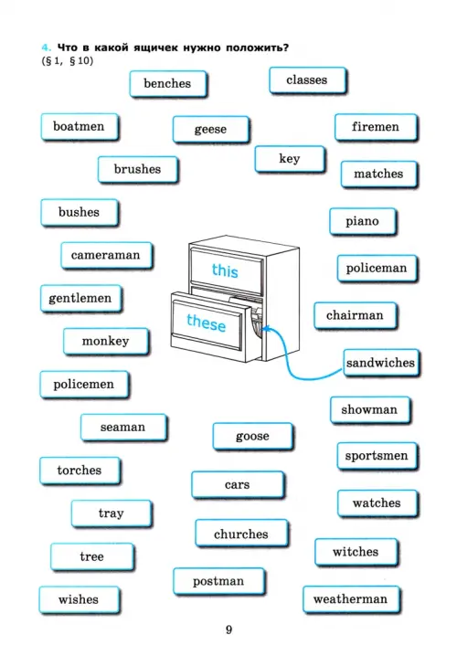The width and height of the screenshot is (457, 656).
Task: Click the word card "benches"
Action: [x=168, y=84]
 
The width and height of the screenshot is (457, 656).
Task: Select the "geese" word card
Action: [x=211, y=130]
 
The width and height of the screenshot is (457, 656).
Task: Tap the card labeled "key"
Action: [x=290, y=159]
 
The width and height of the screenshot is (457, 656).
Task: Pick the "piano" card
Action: [x=363, y=221]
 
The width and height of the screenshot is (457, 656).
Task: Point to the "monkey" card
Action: [x=106, y=342]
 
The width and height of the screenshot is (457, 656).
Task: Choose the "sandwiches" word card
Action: [x=381, y=363]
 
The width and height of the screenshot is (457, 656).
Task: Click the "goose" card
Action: [x=253, y=437]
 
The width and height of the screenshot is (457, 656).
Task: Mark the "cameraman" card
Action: [x=106, y=255]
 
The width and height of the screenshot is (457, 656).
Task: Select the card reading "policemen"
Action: [x=84, y=385]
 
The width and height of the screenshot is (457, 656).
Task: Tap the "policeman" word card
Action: [x=377, y=269]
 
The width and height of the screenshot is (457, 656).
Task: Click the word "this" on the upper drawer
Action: [x=225, y=270]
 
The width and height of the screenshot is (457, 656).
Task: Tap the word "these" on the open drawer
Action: [x=206, y=323]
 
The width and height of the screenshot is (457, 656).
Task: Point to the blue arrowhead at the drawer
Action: [x=264, y=329]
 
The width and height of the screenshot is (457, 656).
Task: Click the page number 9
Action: [x=228, y=630]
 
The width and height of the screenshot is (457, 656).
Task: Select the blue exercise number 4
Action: [x=46, y=48]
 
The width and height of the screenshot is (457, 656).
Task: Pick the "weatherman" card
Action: [x=351, y=599]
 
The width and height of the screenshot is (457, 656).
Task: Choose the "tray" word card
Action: [x=112, y=513]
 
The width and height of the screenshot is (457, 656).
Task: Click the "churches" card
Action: [x=241, y=534]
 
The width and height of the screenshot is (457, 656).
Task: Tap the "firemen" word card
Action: [x=376, y=127]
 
